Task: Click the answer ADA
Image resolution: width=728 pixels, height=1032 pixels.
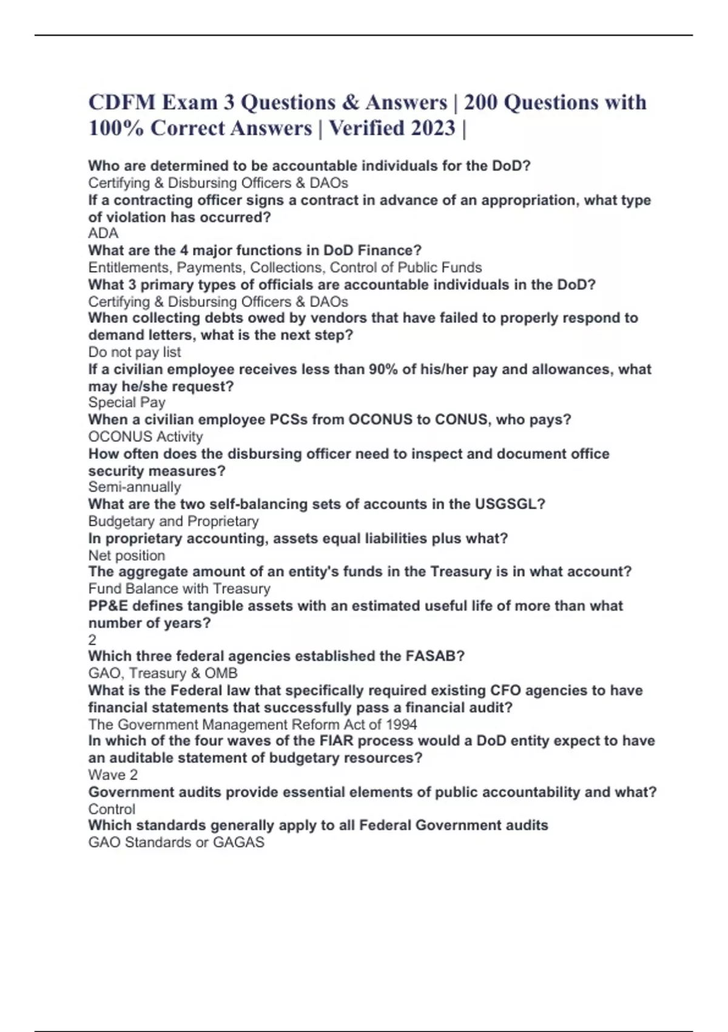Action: (x=103, y=234)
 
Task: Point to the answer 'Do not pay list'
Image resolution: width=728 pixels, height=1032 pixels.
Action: (x=134, y=352)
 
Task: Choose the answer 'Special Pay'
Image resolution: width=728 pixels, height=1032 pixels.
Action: (x=126, y=402)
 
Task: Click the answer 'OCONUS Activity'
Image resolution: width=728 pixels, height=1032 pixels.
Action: (x=145, y=436)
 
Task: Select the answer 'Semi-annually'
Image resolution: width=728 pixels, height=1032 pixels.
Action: (x=134, y=487)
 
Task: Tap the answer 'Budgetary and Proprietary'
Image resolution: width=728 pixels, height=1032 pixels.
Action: (x=173, y=521)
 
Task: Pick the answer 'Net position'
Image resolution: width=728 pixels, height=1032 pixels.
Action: (x=126, y=555)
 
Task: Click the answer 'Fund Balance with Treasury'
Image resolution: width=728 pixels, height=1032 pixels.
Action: (x=179, y=588)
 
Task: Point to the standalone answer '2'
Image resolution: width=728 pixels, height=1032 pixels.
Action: (x=92, y=639)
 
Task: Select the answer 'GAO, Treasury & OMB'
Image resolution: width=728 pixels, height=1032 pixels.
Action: (x=163, y=673)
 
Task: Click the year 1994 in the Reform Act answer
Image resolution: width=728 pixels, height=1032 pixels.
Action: (x=401, y=724)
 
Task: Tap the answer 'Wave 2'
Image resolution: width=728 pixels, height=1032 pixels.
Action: (x=113, y=775)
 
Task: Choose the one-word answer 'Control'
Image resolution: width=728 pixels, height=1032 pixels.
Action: (x=112, y=809)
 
